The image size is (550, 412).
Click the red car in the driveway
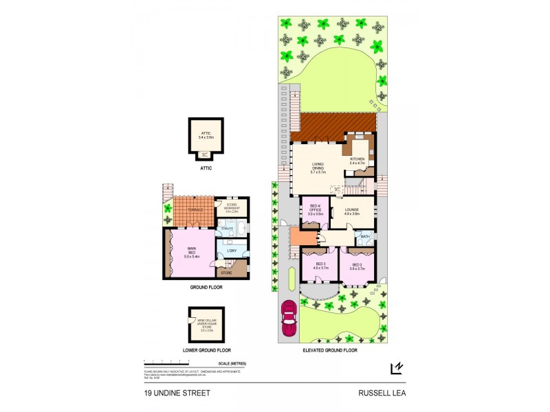pyautogui.click(x=289, y=319)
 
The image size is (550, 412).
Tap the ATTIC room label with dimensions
pyautogui.click(x=206, y=136)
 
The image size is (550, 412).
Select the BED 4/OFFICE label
pyautogui.click(x=316, y=211)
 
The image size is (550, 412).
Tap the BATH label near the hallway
pyautogui.click(x=364, y=237)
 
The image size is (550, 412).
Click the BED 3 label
pyautogui.click(x=320, y=266)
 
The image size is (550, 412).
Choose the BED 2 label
pyautogui.click(x=357, y=266)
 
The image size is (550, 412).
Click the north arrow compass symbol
pyautogui.click(x=397, y=369)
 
